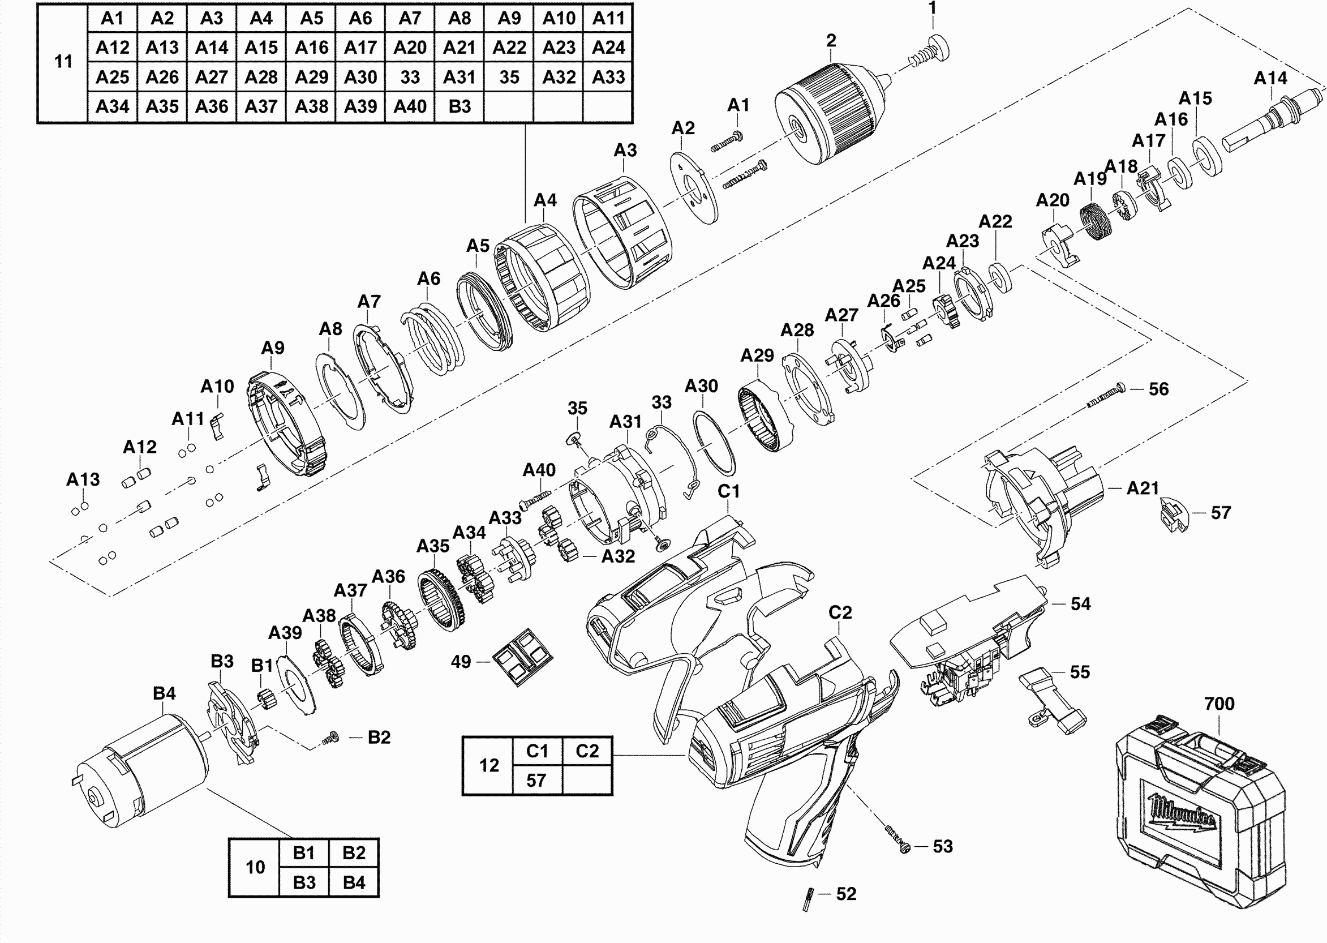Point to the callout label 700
tap(1219, 704)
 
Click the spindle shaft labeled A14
tap(1272, 118)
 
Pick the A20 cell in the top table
tap(410, 48)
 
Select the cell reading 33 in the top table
tap(410, 77)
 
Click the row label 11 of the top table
tap(63, 62)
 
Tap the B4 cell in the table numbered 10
tap(354, 882)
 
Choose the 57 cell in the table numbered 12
tap(536, 781)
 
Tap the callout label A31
tap(625, 422)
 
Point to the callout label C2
tap(840, 612)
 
